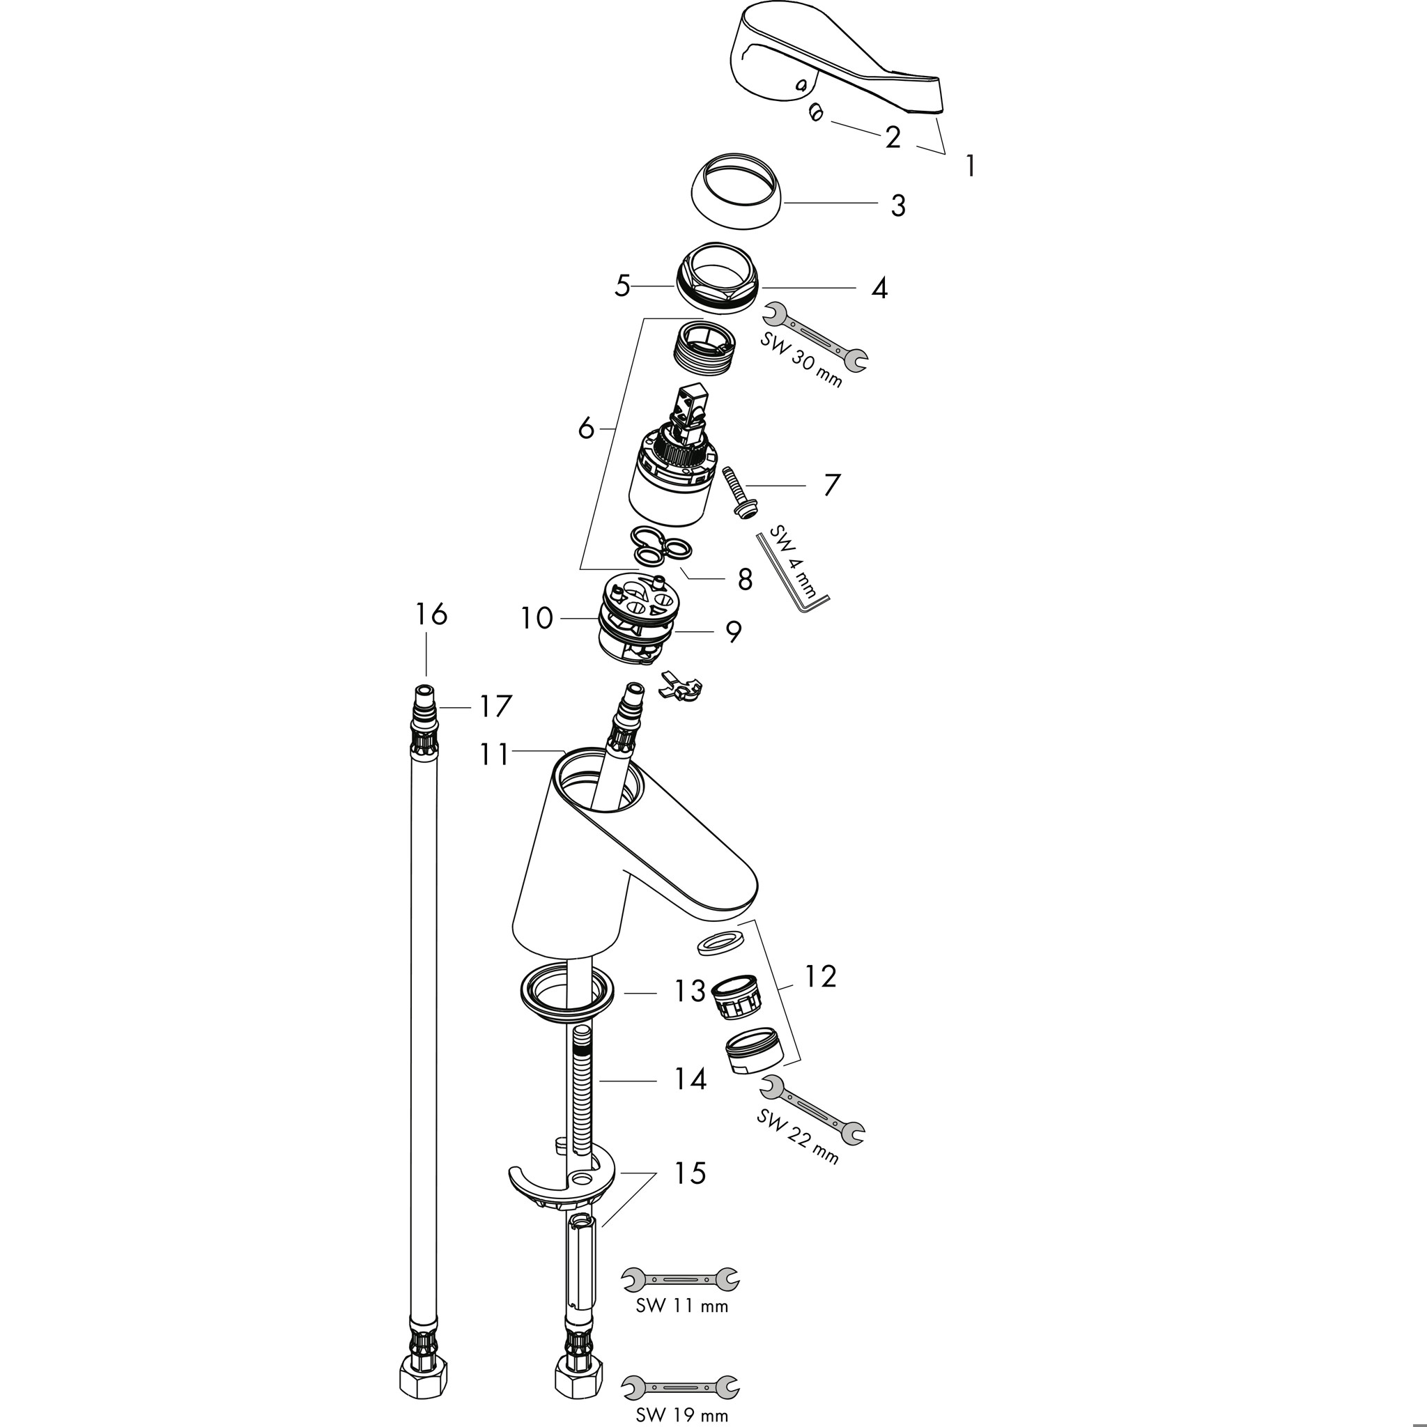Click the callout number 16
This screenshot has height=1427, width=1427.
point(431,615)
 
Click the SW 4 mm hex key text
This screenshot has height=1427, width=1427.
point(793,562)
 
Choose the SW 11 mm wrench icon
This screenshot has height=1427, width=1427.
point(680,1278)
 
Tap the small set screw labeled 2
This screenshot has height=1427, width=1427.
point(815,113)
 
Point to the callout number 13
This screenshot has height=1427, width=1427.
point(689,992)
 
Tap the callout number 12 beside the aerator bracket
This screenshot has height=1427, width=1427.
point(819,976)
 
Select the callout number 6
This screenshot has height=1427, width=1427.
point(586,428)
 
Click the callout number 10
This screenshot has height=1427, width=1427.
point(537,618)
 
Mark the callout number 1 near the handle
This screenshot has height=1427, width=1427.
point(971,167)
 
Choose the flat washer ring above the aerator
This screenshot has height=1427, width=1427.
point(721,943)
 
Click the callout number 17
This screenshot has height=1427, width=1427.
point(495,707)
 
